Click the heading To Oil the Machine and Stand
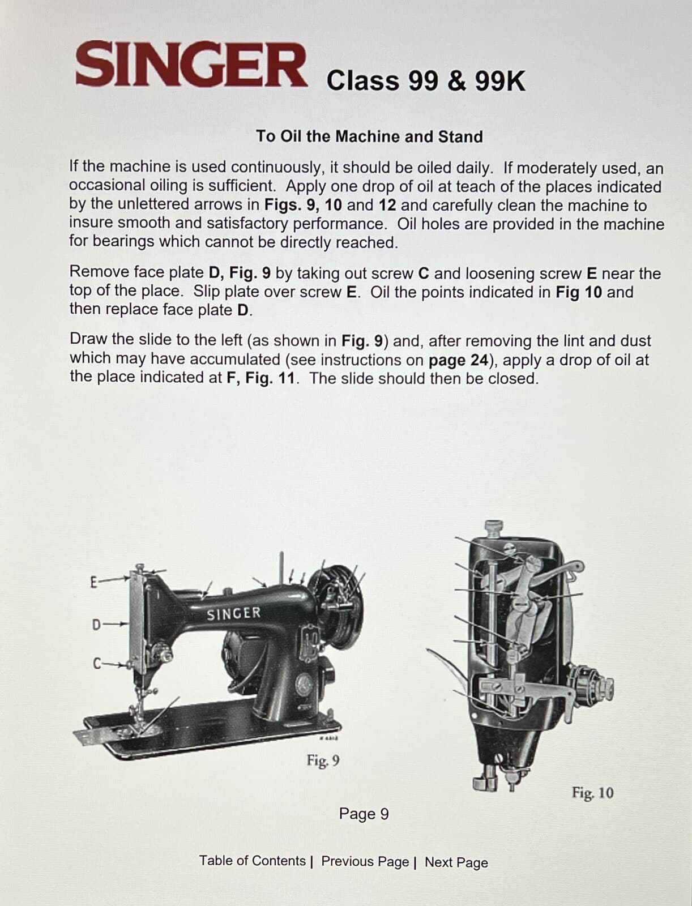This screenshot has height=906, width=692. pyautogui.click(x=369, y=136)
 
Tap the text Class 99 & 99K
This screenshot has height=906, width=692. pyautogui.click(x=426, y=81)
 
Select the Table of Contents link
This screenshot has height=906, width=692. pyautogui.click(x=252, y=861)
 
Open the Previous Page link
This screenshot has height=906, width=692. pyautogui.click(x=365, y=861)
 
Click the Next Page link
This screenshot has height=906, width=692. pyautogui.click(x=456, y=862)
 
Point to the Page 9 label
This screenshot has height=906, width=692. pyautogui.click(x=364, y=814)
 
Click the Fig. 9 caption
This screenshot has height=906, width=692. pyautogui.click(x=323, y=760)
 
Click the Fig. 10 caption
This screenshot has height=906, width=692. pyautogui.click(x=592, y=792)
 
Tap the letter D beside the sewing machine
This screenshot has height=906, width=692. pyautogui.click(x=96, y=625)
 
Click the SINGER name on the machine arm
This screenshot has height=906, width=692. pyautogui.click(x=233, y=613)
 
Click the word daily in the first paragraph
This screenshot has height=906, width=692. pyautogui.click(x=471, y=168)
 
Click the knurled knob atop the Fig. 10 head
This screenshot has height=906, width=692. pyautogui.click(x=495, y=528)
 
